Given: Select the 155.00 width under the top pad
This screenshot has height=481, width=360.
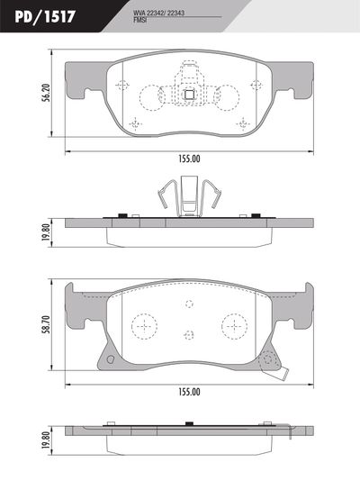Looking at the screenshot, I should pyautogui.click(x=189, y=159).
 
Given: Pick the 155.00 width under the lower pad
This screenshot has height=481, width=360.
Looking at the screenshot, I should pyautogui.click(x=189, y=392).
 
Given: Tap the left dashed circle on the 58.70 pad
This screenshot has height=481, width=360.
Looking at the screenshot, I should pyautogui.click(x=143, y=324).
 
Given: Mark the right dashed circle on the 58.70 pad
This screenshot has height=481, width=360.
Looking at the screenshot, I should pyautogui.click(x=234, y=324).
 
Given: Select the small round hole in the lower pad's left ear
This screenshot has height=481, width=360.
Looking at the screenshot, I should pyautogui.click(x=106, y=359).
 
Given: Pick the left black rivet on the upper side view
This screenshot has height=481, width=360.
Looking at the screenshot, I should pyautogui.click(x=121, y=216).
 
